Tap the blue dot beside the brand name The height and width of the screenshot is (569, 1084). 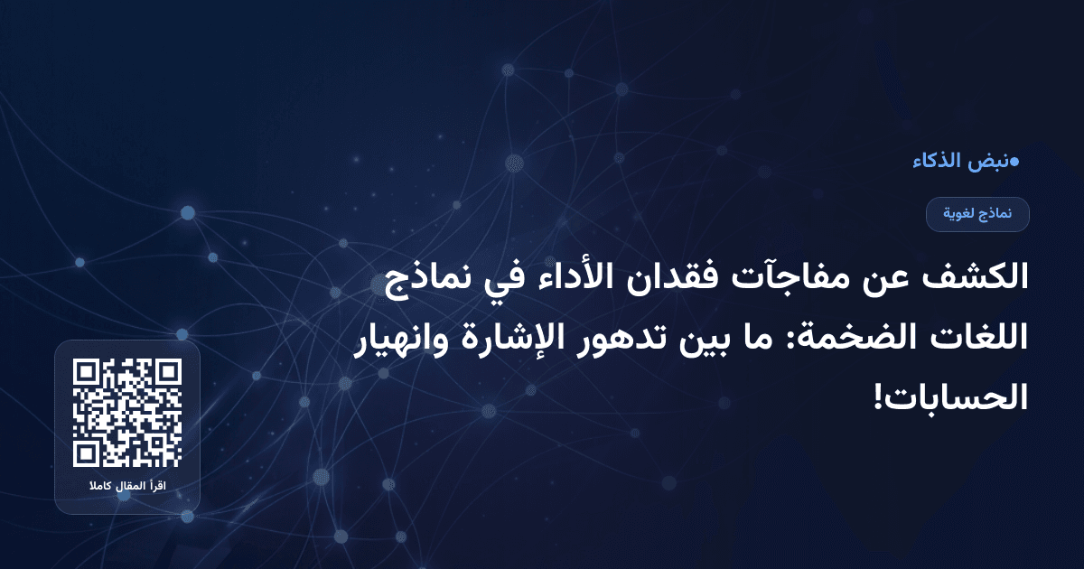(x=1014, y=163)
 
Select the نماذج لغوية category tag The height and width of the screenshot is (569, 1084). (x=977, y=214)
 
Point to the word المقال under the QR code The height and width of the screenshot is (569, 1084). (x=127, y=488)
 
